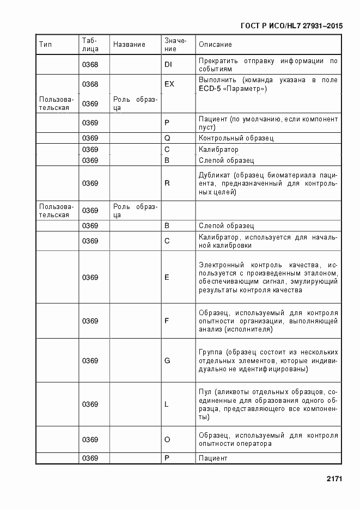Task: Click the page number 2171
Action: (334, 479)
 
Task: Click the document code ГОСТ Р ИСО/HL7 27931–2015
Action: (291, 26)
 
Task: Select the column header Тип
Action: (45, 45)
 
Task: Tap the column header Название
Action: (129, 45)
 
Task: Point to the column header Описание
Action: (215, 45)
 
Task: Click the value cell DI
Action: (168, 65)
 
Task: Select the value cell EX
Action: (169, 84)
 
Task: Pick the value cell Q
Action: (167, 138)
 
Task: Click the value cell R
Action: (167, 183)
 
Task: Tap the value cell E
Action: (167, 278)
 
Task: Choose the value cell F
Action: (167, 321)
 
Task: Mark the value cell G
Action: (167, 361)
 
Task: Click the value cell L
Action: (167, 404)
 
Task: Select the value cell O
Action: (167, 440)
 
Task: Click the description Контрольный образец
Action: (236, 138)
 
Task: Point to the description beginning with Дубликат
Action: (268, 183)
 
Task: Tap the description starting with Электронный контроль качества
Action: (268, 278)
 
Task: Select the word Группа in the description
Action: (211, 352)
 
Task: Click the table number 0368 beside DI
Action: (90, 65)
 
